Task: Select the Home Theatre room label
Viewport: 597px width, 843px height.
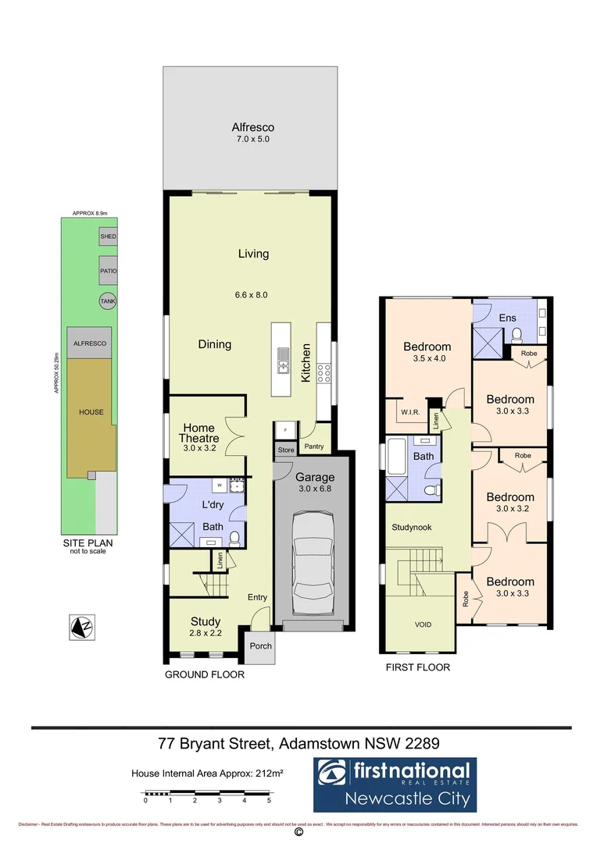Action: tap(199, 433)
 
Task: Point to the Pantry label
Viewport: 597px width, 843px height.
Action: tap(316, 446)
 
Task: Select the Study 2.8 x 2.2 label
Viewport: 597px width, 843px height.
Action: tap(206, 627)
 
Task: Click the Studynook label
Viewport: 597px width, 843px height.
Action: tap(411, 527)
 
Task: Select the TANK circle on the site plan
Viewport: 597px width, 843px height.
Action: tap(107, 301)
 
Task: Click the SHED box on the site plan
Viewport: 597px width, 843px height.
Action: tap(108, 237)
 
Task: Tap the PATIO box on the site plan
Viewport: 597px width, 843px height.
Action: tap(108, 272)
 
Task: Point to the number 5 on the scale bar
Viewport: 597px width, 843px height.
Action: tap(269, 800)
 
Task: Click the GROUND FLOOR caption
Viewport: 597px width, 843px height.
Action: tap(205, 674)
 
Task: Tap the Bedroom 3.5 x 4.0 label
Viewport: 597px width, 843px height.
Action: tap(427, 353)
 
